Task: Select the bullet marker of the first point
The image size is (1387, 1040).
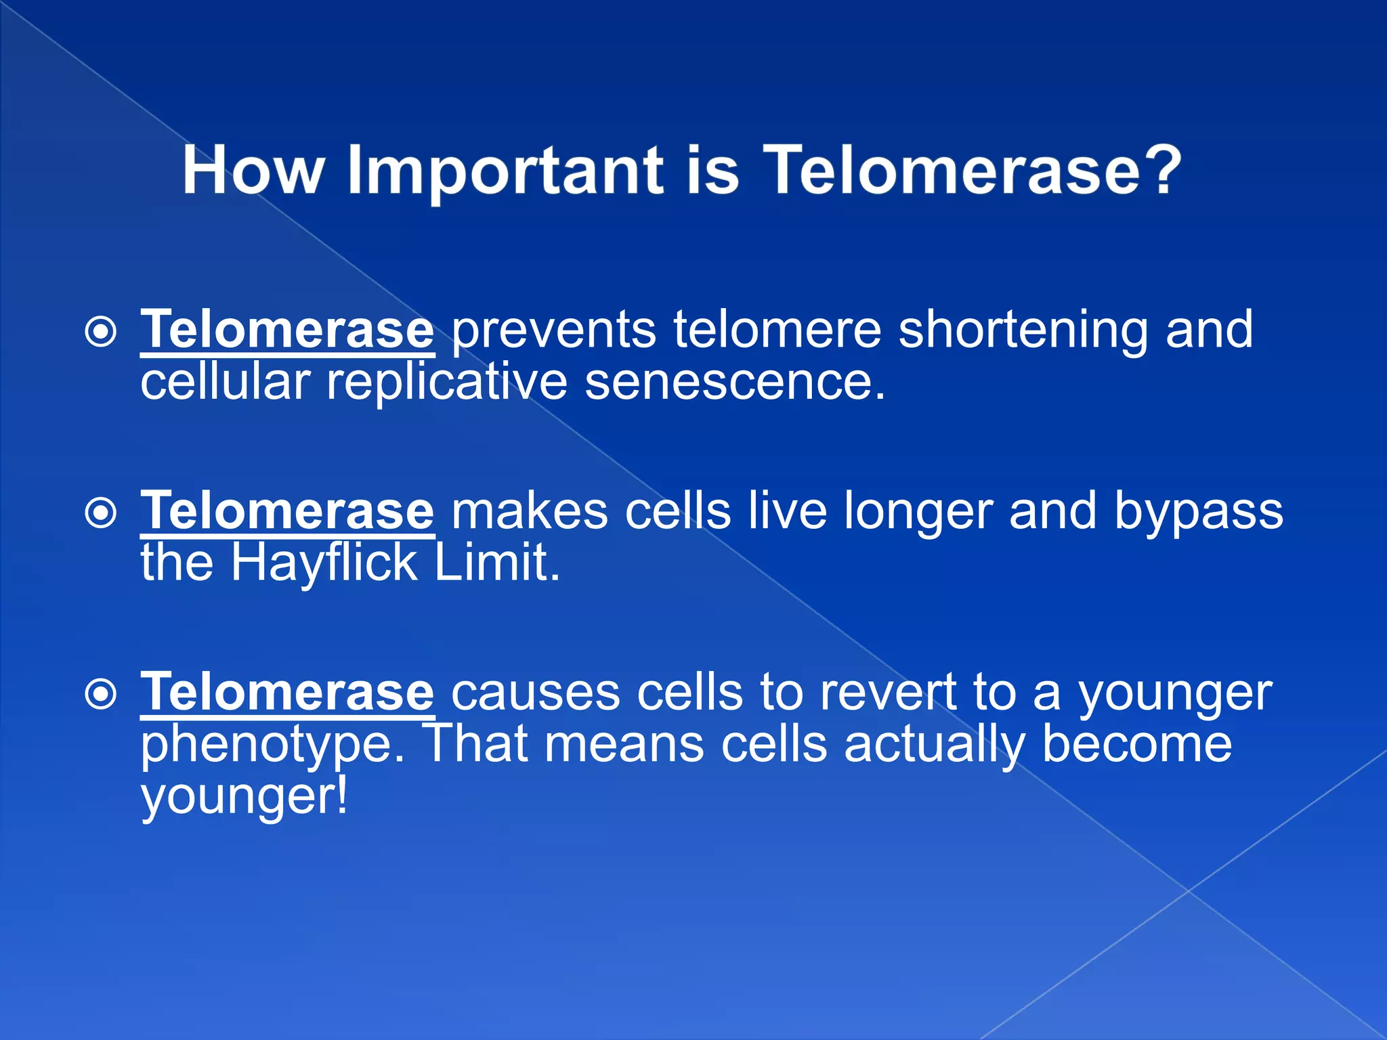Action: pos(102,332)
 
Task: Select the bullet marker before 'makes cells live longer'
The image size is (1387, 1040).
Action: pos(102,513)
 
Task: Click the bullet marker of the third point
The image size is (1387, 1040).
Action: pos(102,695)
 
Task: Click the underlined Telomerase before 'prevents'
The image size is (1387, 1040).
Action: pos(287,330)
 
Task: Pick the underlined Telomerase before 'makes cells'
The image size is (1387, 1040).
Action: pos(287,511)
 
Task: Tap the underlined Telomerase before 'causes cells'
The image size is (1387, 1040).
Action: pos(287,692)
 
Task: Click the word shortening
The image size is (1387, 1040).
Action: pos(1023,330)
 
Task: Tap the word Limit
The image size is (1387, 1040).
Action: pos(497,563)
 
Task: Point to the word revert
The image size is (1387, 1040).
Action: pos(888,693)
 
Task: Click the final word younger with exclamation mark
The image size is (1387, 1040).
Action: pos(244,798)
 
